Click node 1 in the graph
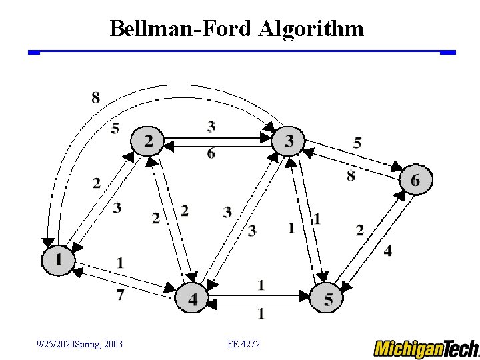(58, 259)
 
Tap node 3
(289, 141)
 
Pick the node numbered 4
(192, 299)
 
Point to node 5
(327, 299)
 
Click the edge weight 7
(120, 294)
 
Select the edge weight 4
(388, 251)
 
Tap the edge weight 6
(211, 153)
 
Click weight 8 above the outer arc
(96, 98)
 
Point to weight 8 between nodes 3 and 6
(351, 175)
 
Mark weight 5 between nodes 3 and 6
(357, 142)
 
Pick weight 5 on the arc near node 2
(115, 127)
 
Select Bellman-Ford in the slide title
(179, 29)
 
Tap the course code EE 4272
(244, 344)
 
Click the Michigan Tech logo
(425, 348)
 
